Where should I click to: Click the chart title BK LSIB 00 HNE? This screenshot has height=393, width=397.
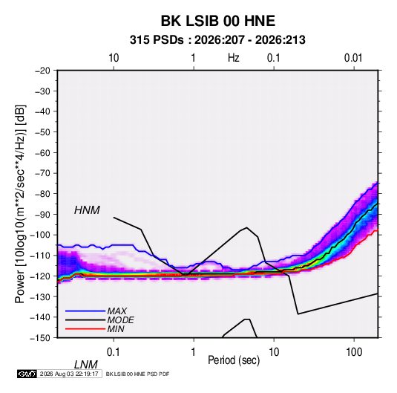click(x=218, y=21)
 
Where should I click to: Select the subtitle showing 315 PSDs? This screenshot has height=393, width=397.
click(x=217, y=40)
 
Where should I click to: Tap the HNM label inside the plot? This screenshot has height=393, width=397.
click(x=87, y=210)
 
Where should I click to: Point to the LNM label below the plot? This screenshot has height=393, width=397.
click(x=85, y=365)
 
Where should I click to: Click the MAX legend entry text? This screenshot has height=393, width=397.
click(x=117, y=311)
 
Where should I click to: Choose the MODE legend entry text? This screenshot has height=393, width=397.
click(x=120, y=320)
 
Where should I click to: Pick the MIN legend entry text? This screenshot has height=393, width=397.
click(x=116, y=329)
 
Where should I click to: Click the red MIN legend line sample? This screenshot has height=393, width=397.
click(x=85, y=329)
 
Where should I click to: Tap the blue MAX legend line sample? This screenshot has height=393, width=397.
click(x=85, y=311)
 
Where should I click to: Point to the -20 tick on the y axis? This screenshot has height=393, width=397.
click(x=42, y=71)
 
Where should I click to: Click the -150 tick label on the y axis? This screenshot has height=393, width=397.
click(x=40, y=338)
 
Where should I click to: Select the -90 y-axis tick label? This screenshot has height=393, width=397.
click(x=42, y=215)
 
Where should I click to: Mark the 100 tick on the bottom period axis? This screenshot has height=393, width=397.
click(x=354, y=352)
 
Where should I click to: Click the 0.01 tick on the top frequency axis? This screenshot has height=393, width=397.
click(x=353, y=58)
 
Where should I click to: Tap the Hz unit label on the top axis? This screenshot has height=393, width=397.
click(x=234, y=58)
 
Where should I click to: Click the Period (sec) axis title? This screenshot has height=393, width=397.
click(x=234, y=360)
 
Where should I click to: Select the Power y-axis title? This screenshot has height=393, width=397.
click(x=20, y=204)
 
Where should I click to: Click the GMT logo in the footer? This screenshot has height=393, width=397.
click(x=27, y=374)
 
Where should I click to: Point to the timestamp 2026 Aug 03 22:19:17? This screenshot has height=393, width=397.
click(x=69, y=374)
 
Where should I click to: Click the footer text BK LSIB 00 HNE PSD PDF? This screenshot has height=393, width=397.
click(x=137, y=374)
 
